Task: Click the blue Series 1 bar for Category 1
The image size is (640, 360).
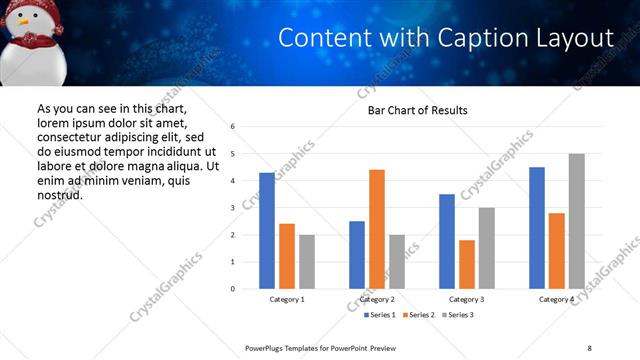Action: pos(267,231)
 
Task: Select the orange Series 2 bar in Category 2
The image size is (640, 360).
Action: pos(377,229)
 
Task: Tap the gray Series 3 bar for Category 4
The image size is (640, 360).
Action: pos(576,221)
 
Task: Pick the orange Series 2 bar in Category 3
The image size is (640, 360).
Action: pos(467,264)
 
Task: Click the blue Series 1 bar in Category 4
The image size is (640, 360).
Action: pos(537,228)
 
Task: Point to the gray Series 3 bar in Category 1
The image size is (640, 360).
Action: pos(306,262)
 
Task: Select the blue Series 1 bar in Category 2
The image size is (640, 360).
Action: pos(357,255)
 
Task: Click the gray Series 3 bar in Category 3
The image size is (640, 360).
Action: pos(486,248)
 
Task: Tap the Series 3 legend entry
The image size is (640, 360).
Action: pos(460,315)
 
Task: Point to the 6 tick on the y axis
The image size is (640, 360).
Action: pos(232,127)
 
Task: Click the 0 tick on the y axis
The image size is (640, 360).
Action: pos(232,289)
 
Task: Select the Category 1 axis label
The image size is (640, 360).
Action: pos(287,299)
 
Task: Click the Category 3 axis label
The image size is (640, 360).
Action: pos(467,299)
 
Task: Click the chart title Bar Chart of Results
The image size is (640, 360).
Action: pos(411,109)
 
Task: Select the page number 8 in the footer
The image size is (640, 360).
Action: pos(589,347)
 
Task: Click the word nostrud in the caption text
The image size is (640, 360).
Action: pos(59,195)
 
